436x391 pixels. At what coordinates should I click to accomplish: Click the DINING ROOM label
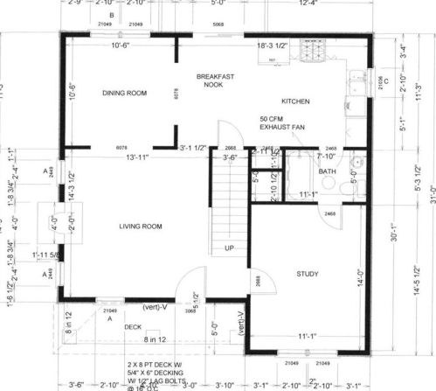pos(123,93)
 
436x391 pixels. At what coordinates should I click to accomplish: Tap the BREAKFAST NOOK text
pos(214,80)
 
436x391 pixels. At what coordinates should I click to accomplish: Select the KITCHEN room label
pos(295,101)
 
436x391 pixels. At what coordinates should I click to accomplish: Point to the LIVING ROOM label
pos(142,227)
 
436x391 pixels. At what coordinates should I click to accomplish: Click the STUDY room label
pos(308,274)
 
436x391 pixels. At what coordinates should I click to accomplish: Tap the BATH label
pos(328,171)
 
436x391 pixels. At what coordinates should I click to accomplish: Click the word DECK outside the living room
pos(132,327)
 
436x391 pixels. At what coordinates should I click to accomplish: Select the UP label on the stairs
pos(230,248)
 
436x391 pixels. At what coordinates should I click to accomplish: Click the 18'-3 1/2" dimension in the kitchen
pos(273,45)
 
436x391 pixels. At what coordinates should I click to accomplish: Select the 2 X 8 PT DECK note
pos(153,363)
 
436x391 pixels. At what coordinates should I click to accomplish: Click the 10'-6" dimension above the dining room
pos(121,45)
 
